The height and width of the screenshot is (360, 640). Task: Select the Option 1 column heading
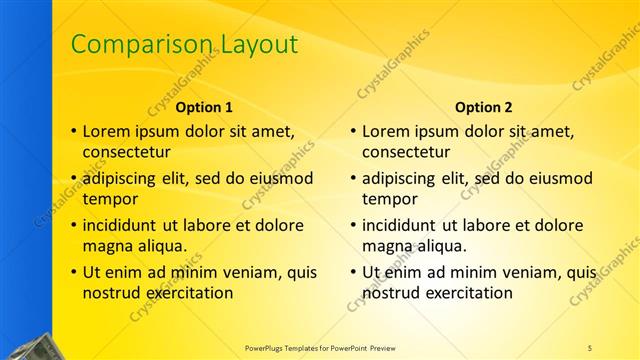pyautogui.click(x=204, y=107)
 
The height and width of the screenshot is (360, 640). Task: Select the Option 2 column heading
pyautogui.click(x=483, y=107)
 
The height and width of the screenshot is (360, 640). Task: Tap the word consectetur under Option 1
pyautogui.click(x=126, y=153)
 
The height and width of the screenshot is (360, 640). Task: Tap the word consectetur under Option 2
pyautogui.click(x=405, y=153)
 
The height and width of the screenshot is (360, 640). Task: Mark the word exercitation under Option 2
pyautogui.click(x=467, y=293)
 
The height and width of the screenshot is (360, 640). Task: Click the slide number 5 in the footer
pyautogui.click(x=590, y=347)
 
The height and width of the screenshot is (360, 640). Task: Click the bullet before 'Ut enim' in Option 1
pyautogui.click(x=72, y=272)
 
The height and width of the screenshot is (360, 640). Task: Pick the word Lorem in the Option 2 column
pyautogui.click(x=384, y=131)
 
